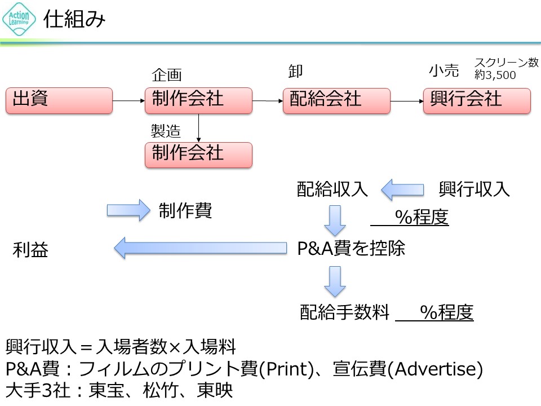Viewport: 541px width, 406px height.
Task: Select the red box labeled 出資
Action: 59,101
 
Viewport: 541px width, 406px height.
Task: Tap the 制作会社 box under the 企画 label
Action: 198,101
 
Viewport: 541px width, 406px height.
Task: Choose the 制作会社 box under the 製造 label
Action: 198,155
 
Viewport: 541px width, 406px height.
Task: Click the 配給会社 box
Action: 336,101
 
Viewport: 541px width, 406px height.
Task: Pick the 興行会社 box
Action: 477,101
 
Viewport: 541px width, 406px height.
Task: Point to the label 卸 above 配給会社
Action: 295,71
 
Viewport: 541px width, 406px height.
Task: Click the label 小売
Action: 444,71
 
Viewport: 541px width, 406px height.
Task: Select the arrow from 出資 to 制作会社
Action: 128,101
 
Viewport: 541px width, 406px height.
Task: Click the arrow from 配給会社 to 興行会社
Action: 407,101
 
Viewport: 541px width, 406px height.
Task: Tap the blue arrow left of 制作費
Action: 127,210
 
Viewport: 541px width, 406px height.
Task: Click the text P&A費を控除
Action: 351,248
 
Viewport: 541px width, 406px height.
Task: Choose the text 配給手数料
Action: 345,312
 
